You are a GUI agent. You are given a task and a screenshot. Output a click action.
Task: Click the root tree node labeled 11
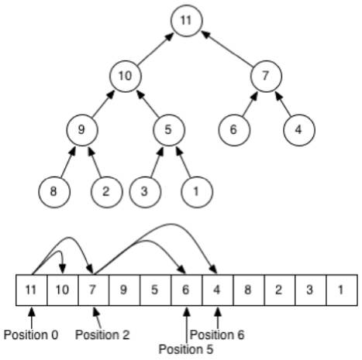[187, 21]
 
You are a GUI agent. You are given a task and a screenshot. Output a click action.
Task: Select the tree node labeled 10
[126, 76]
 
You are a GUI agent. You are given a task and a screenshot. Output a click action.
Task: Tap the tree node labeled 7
[266, 76]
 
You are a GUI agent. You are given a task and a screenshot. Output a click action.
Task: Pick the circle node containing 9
[82, 130]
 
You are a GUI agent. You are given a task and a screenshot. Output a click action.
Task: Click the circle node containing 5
[169, 130]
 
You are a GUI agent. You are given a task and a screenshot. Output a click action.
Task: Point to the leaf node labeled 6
[234, 130]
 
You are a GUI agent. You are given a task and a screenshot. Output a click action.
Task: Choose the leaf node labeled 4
[299, 130]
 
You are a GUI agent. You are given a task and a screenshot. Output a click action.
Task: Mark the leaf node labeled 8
[54, 192]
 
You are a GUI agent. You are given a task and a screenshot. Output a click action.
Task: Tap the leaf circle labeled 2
[106, 192]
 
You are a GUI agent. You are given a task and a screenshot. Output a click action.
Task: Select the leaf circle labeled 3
[145, 192]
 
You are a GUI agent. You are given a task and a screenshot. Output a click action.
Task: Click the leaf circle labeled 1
[197, 192]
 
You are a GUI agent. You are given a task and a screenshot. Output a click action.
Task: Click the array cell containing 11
[32, 290]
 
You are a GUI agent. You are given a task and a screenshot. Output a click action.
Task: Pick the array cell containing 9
[124, 290]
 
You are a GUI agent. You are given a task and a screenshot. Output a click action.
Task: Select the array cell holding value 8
[249, 290]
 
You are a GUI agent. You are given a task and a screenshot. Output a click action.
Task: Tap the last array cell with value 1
[342, 290]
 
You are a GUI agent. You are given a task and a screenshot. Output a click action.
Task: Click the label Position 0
[31, 335]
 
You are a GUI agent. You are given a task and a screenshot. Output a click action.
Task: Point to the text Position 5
[186, 349]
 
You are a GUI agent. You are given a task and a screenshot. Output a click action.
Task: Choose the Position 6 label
[217, 335]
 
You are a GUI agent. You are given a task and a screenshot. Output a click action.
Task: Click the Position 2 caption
[102, 335]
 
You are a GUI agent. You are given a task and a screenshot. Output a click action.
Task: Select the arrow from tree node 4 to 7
[283, 104]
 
